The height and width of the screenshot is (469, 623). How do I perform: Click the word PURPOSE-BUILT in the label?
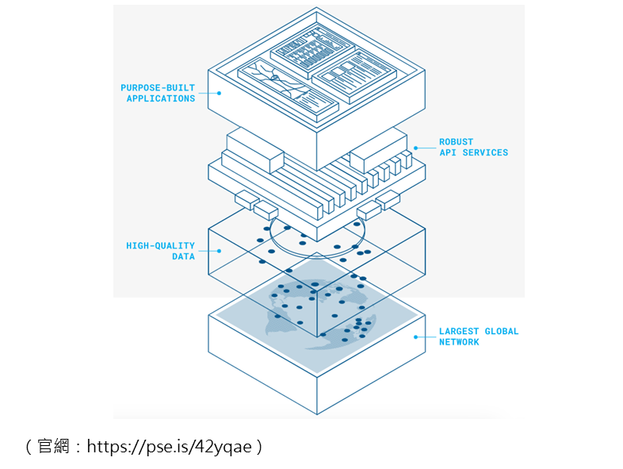click(158, 87)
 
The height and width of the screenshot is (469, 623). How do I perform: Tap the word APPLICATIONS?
click(161, 98)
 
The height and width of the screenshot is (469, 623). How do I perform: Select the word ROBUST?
click(456, 141)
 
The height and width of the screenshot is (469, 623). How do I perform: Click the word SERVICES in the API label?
click(485, 152)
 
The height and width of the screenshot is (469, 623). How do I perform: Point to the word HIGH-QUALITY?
click(161, 245)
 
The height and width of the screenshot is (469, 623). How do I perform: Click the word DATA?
click(183, 256)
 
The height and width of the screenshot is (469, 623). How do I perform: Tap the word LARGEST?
click(459, 331)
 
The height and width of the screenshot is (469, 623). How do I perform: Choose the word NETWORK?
click(459, 342)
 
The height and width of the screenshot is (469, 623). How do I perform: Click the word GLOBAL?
click(502, 331)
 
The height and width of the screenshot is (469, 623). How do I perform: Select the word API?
click(448, 152)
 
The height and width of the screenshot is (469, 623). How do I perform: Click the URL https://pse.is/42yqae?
click(170, 446)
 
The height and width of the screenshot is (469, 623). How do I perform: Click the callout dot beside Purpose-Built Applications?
click(219, 93)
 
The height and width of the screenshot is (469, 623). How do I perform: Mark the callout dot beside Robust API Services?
click(415, 148)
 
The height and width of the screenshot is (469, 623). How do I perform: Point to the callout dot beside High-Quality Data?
click(219, 251)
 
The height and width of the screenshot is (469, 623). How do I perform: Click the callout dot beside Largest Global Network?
click(415, 337)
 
